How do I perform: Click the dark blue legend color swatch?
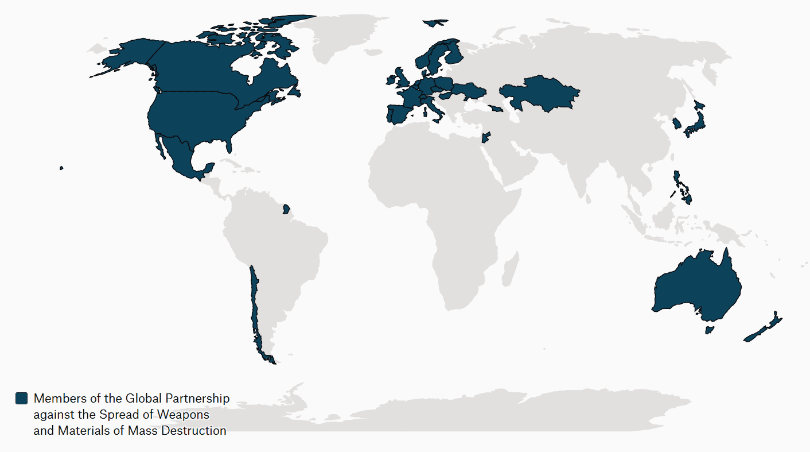click(x=21, y=398)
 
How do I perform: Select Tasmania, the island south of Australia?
click(x=709, y=330)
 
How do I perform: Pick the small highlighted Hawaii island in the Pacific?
click(x=61, y=168)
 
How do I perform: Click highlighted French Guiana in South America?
click(x=286, y=209)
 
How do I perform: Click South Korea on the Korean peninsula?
click(x=677, y=123)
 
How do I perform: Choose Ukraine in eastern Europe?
click(x=468, y=90)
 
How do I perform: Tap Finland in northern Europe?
click(x=454, y=55)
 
